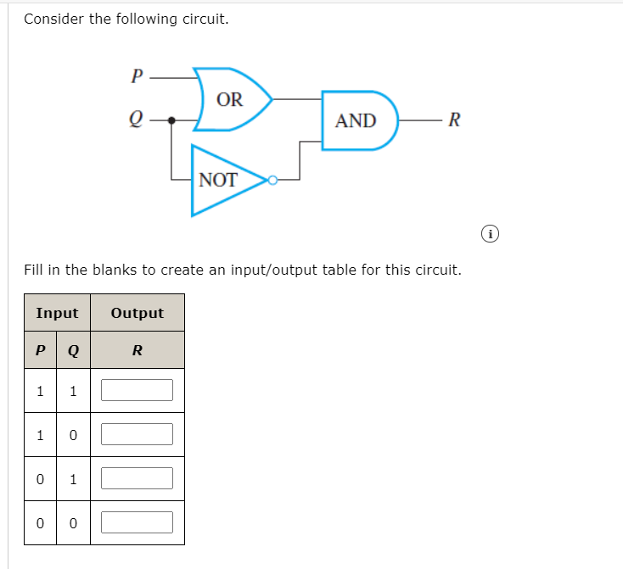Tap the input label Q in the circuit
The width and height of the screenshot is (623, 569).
point(136,120)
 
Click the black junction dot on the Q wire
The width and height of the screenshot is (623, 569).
point(171,120)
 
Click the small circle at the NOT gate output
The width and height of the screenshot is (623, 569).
point(272,180)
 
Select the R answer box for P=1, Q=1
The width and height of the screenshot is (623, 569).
point(137,390)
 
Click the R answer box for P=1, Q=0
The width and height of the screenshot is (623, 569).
point(137,434)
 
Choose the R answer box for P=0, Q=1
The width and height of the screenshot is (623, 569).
point(137,478)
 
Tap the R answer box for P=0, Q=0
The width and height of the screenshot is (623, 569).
point(137,522)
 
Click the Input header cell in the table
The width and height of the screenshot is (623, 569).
point(57,313)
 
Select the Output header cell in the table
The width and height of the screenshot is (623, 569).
point(137,313)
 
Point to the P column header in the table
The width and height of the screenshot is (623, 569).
point(39,349)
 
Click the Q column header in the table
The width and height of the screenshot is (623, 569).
point(73,349)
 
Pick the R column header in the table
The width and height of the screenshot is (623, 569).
point(137,349)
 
